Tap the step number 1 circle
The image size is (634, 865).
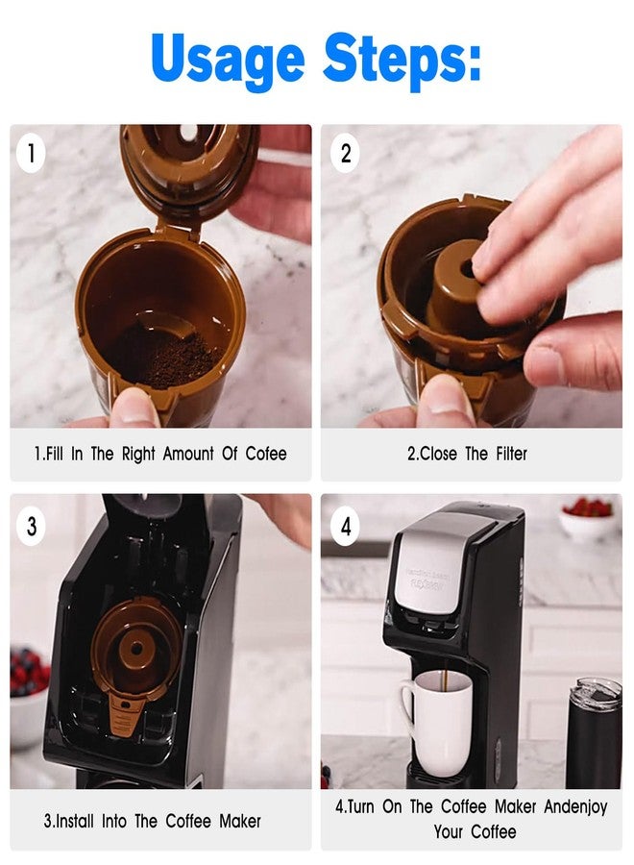31,153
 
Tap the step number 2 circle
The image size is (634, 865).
346,153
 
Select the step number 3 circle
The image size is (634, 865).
32,526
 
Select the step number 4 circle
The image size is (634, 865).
346,526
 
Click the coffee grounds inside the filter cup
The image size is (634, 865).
165,355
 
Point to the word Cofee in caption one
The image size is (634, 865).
266,454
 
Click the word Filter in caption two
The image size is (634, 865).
512,454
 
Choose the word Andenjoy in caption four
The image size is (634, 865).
575,806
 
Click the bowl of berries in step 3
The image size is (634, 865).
28,695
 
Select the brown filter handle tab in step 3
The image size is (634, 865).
126,715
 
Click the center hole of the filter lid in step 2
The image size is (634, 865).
468,271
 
